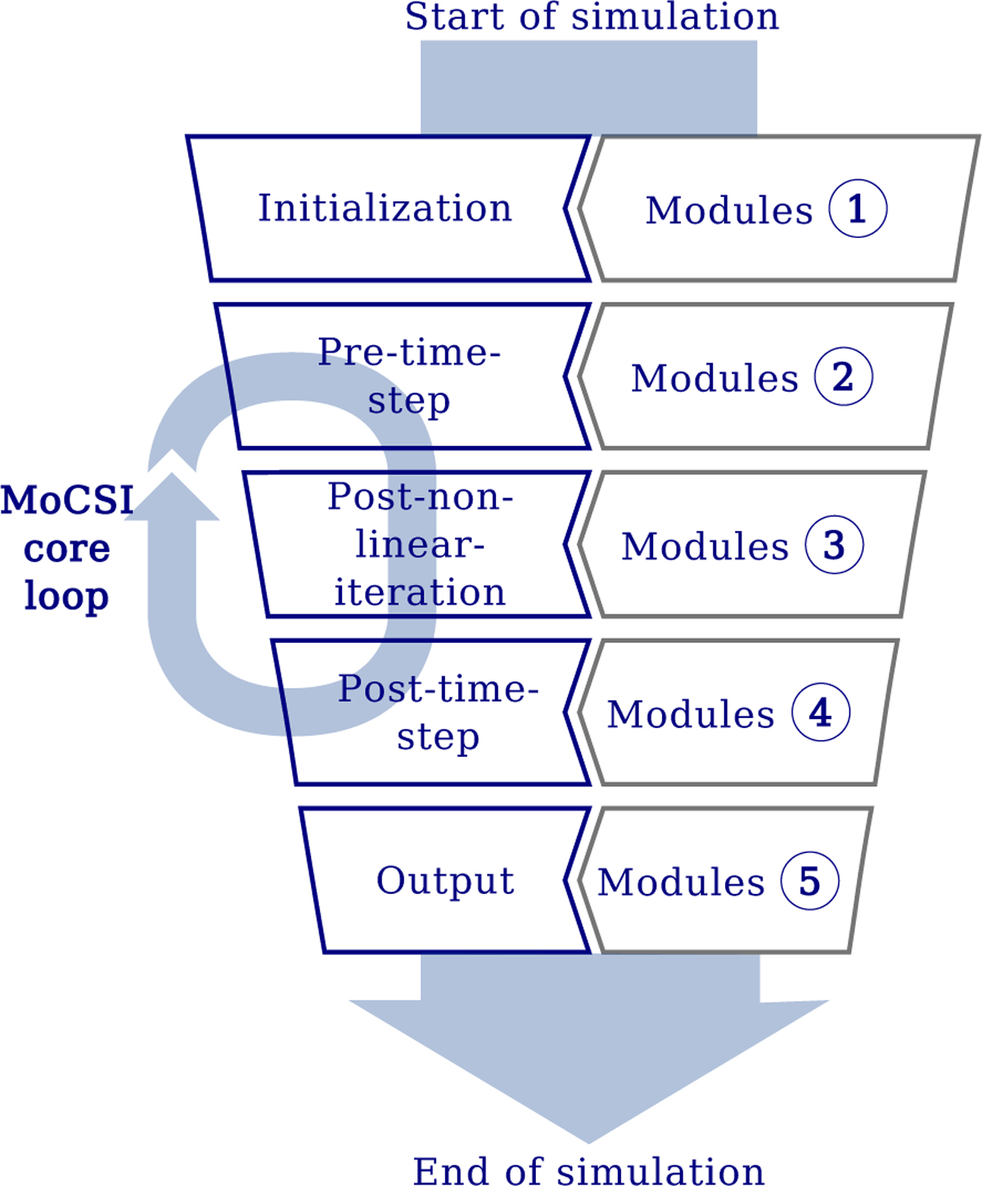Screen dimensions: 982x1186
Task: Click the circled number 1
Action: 858,208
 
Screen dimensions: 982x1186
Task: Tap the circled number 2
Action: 844,376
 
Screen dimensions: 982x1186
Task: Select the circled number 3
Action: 834,544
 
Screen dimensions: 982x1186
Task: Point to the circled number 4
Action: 821,712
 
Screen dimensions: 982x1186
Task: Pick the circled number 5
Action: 810,880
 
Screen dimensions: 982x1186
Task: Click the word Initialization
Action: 385,208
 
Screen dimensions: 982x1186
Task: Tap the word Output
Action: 445,882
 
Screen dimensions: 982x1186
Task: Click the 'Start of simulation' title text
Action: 592,17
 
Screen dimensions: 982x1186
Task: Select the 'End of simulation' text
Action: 588,1170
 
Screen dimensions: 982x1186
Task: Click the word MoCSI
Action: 67,500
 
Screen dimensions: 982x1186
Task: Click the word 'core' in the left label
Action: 67,549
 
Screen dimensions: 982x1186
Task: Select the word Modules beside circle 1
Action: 729,211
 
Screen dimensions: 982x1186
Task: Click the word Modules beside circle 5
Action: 681,883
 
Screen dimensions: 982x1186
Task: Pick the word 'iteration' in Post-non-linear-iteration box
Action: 420,592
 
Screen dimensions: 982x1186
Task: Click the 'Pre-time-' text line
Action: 409,353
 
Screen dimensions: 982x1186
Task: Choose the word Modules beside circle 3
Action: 705,546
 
